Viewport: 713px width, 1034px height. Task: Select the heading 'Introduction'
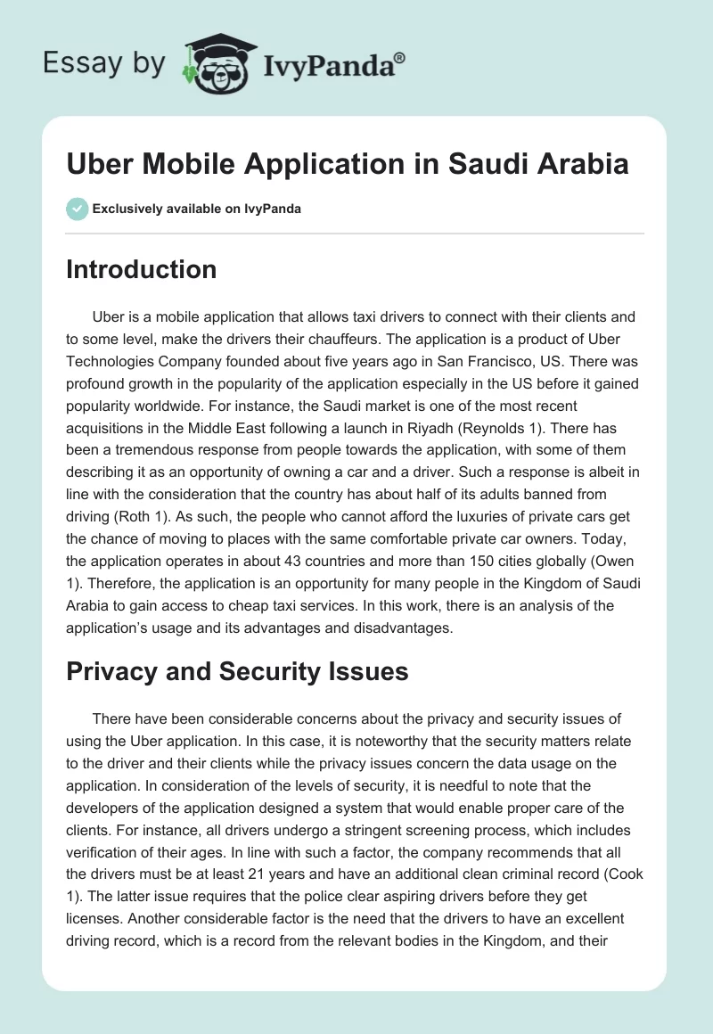[x=141, y=269]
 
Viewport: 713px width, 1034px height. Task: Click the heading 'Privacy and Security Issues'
[x=237, y=671]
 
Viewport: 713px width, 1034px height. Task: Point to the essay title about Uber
[x=348, y=164]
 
